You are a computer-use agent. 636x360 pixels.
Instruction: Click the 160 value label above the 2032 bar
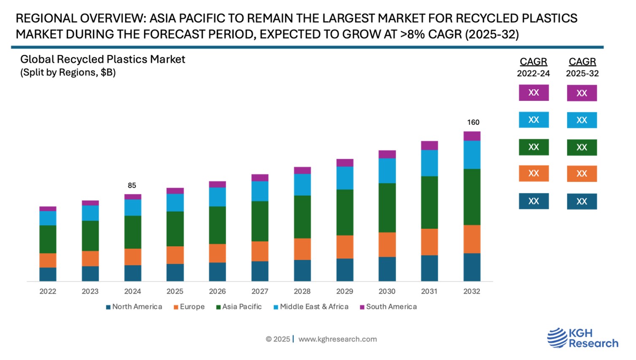pos(473,122)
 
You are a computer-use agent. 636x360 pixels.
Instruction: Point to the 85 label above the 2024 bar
pos(132,186)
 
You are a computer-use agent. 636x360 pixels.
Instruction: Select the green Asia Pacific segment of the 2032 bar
pos(472,197)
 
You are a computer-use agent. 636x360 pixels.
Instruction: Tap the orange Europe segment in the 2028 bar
pos(302,249)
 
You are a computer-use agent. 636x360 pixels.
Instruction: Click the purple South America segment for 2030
pos(387,154)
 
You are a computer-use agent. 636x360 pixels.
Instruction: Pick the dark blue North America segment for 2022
pos(48,274)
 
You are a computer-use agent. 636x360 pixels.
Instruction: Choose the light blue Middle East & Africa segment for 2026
pos(217,197)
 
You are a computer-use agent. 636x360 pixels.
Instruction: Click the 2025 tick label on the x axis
pos(175,291)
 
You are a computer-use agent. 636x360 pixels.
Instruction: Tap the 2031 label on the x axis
pos(429,291)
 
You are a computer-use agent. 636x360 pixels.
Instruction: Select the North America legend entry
pos(134,307)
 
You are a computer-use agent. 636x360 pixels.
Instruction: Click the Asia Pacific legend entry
pos(239,307)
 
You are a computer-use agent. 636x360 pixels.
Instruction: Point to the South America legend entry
pos(388,307)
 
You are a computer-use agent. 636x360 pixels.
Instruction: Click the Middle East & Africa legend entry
pos(311,307)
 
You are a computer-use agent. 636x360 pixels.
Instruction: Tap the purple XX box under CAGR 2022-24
pos(534,93)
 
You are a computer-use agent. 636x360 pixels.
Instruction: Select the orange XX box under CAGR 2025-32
pos(582,173)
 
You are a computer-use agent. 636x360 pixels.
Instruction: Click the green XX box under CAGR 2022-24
pos(534,147)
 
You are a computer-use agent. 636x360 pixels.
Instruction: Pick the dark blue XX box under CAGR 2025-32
pos(582,201)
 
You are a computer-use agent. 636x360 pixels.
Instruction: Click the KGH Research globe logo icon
pos(557,338)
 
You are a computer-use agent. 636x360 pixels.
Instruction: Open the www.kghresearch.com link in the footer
pos(337,339)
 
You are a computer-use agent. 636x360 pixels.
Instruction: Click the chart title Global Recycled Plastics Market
pos(102,60)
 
